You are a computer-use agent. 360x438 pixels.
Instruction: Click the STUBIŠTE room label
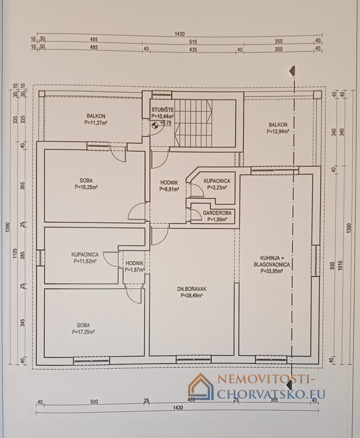point(163,110)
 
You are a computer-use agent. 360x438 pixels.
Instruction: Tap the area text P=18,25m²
point(86,187)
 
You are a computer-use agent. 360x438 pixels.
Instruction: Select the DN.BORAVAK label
point(192,289)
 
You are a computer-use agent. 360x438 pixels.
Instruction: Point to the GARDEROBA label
point(217,213)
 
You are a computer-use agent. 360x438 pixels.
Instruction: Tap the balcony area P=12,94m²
point(278,131)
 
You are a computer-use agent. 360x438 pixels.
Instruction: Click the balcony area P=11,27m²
point(96,122)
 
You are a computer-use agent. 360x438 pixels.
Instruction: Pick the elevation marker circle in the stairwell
point(155,126)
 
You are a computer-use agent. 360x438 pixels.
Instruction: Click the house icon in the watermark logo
point(201,386)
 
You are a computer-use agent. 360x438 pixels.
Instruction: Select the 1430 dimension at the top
point(180,34)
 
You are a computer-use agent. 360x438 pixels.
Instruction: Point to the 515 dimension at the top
point(193,42)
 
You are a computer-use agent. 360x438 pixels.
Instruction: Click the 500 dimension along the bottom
point(94,401)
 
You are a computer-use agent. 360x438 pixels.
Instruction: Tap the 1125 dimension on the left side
point(15,253)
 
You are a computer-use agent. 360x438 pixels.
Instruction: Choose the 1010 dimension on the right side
point(340,265)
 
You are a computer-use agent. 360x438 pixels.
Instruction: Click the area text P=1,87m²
point(135,270)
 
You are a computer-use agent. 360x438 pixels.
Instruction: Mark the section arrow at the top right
point(292,71)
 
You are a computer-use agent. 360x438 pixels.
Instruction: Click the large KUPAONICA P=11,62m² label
point(85,258)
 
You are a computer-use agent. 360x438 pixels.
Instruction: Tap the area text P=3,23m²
point(217,188)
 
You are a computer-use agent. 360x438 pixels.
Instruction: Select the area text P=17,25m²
point(83,332)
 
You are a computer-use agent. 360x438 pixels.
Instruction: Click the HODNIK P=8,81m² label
point(169,186)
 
